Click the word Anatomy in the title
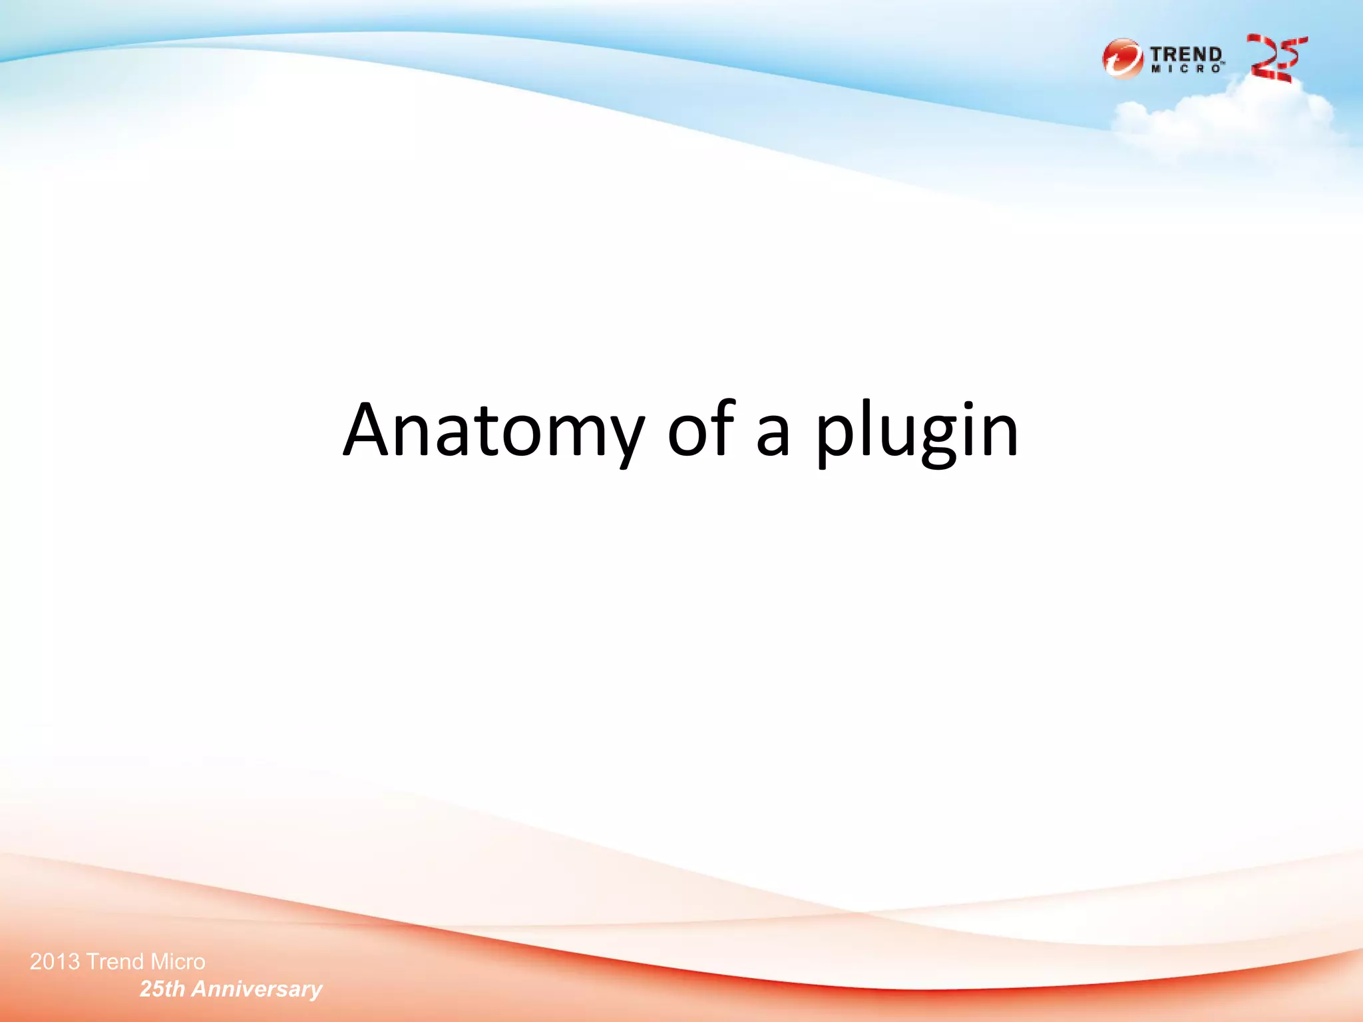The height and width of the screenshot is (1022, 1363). coord(493,431)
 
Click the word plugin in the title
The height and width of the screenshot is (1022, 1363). coord(917,432)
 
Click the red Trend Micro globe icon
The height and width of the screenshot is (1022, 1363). coord(1122,59)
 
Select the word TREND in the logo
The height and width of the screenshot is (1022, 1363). coord(1186,54)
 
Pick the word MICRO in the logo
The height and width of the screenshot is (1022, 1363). coord(1186,69)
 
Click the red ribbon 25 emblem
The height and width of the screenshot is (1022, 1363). coord(1276,59)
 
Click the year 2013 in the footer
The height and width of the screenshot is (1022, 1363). coord(55,961)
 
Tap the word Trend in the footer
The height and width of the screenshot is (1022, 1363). coord(115,961)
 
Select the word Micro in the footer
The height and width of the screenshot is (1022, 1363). coord(178,961)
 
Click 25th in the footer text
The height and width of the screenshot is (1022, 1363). coord(162,989)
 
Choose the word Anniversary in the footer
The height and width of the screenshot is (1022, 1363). coord(257,989)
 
